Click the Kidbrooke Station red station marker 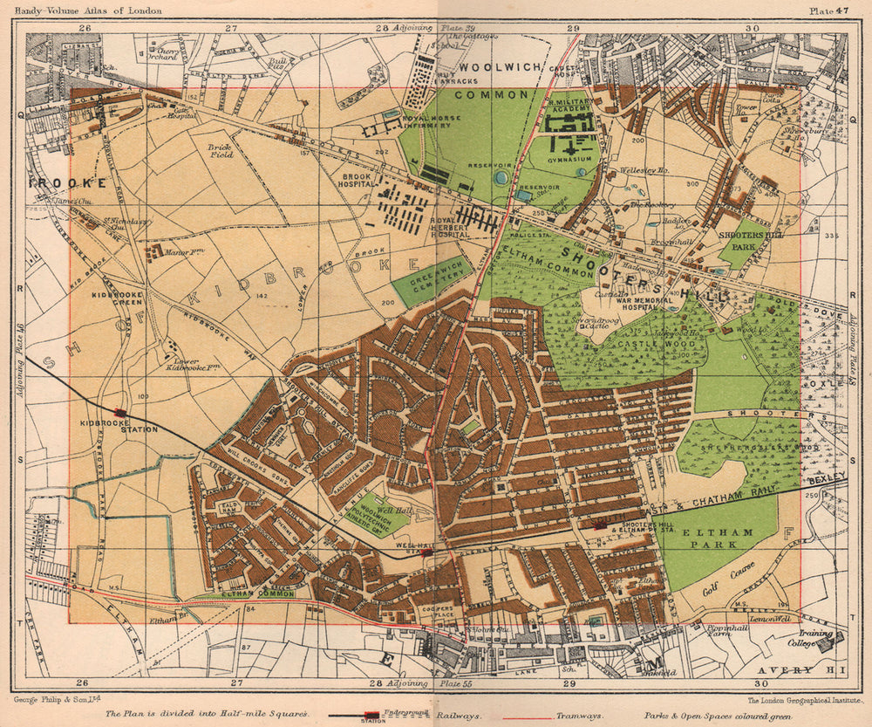coord(119,413)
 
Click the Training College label coord(810,639)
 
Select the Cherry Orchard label coord(163,55)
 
